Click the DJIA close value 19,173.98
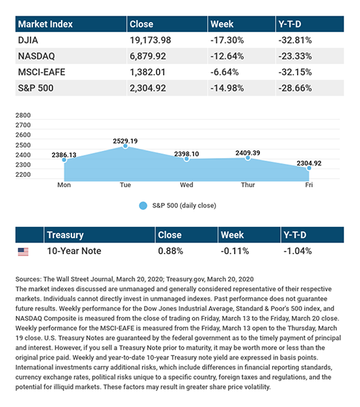click(150, 40)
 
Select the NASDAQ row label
click(36, 56)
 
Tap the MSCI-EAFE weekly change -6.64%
click(224, 72)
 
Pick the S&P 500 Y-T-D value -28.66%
click(295, 88)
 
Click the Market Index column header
click(45, 24)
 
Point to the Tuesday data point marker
click(125, 146)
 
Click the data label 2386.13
click(64, 155)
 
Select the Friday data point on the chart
click(309, 168)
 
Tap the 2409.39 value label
click(248, 153)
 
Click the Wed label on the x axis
click(186, 185)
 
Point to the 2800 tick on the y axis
click(23, 115)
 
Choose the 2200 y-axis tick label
click(23, 175)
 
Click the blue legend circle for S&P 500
click(143, 205)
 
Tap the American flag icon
click(23, 252)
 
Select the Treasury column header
click(66, 235)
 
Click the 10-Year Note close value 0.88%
click(170, 251)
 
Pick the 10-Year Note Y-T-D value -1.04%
click(298, 251)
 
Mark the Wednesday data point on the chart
click(186, 159)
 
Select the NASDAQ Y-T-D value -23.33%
click(295, 56)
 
